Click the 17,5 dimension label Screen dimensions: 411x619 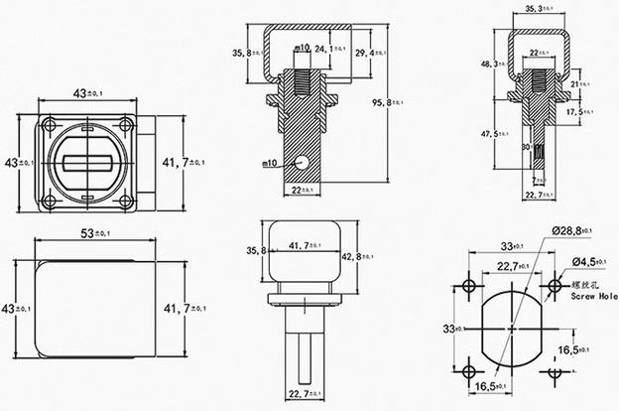[x=577, y=112]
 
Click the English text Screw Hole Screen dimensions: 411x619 [x=592, y=294]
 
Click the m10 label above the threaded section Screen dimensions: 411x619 [x=303, y=47]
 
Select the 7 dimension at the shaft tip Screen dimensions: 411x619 [x=537, y=180]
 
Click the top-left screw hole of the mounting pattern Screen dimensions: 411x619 [x=467, y=286]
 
